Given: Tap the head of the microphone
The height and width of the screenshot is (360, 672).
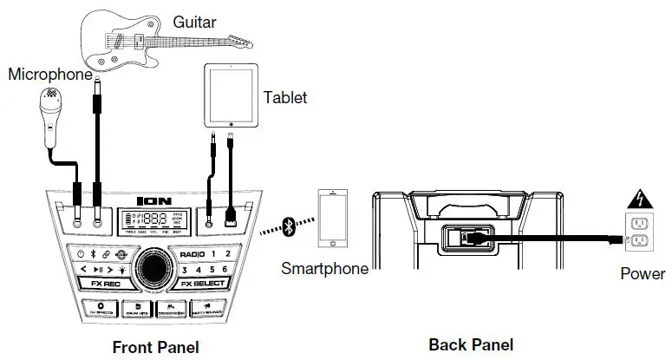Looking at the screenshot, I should click(49, 96).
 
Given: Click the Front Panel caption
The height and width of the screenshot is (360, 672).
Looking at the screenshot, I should click(156, 347).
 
